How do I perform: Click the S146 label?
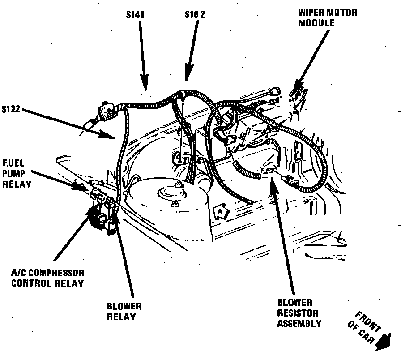click(135, 15)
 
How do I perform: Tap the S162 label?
click(195, 15)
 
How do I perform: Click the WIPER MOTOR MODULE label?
click(328, 17)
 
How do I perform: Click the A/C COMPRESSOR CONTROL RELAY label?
click(47, 278)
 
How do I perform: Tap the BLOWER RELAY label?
click(124, 312)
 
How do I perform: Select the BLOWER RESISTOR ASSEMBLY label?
click(298, 313)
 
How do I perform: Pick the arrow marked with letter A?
click(220, 210)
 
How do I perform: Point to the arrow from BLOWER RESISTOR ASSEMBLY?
click(284, 233)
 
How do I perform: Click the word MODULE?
click(316, 22)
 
